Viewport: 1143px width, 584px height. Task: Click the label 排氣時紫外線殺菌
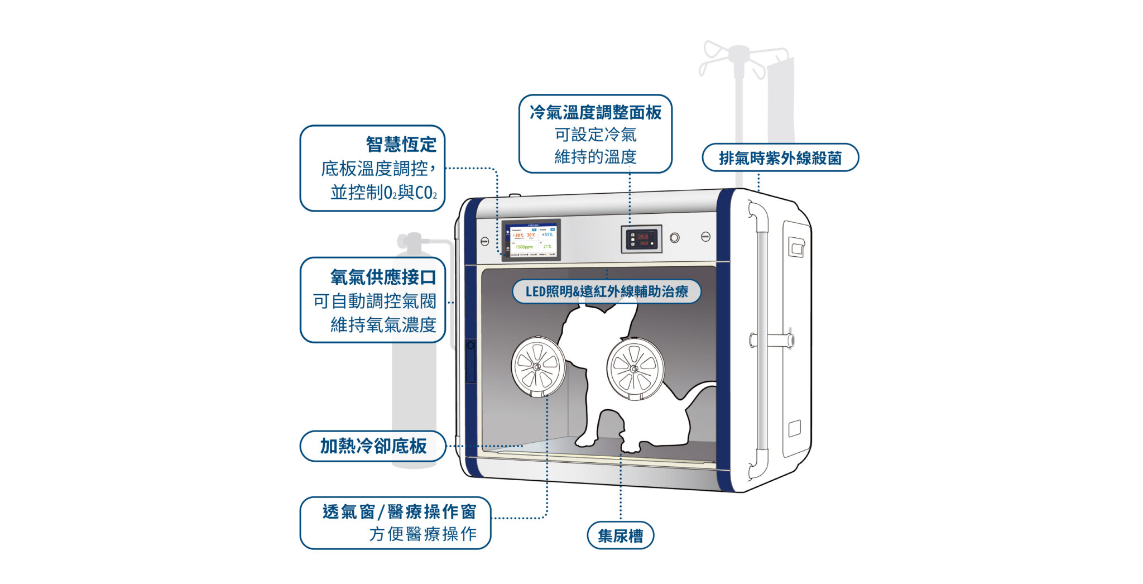click(780, 158)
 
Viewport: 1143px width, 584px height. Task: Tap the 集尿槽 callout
click(620, 536)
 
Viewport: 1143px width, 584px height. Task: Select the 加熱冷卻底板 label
click(373, 446)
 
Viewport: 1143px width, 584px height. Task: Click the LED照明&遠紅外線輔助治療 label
click(607, 291)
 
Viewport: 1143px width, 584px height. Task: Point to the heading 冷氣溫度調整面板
click(595, 113)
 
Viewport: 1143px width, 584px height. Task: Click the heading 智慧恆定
click(401, 145)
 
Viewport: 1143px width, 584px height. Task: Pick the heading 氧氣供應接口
click(383, 277)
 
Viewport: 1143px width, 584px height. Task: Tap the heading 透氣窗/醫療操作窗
click(399, 511)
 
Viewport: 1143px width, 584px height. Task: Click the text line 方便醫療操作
click(422, 534)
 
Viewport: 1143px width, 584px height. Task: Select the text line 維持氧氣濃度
click(383, 324)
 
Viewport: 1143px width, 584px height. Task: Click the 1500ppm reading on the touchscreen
click(524, 247)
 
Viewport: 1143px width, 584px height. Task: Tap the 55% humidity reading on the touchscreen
click(548, 235)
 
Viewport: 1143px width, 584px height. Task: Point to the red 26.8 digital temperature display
click(643, 237)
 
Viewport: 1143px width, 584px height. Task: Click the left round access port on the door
click(537, 367)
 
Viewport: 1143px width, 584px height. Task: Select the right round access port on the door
click(635, 369)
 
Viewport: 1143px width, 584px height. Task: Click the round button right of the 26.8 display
click(675, 238)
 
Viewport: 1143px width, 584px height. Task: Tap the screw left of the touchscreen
click(484, 241)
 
